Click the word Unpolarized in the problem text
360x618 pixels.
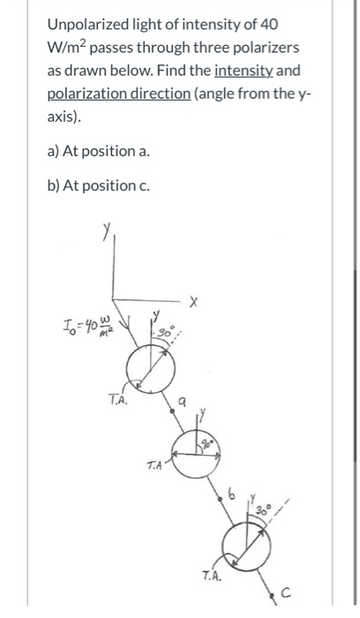(x=82, y=25)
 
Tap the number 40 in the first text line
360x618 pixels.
(x=268, y=25)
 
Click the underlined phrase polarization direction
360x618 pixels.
(x=118, y=94)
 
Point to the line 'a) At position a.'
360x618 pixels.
(x=99, y=151)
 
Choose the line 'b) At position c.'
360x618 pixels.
(x=99, y=185)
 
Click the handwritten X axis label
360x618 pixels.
(x=193, y=303)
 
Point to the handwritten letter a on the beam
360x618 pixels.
(x=182, y=401)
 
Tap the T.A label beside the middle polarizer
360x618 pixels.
(x=154, y=465)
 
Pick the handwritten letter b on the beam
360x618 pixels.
(x=232, y=493)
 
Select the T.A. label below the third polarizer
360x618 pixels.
(x=213, y=576)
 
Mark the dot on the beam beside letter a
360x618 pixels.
(x=172, y=411)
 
